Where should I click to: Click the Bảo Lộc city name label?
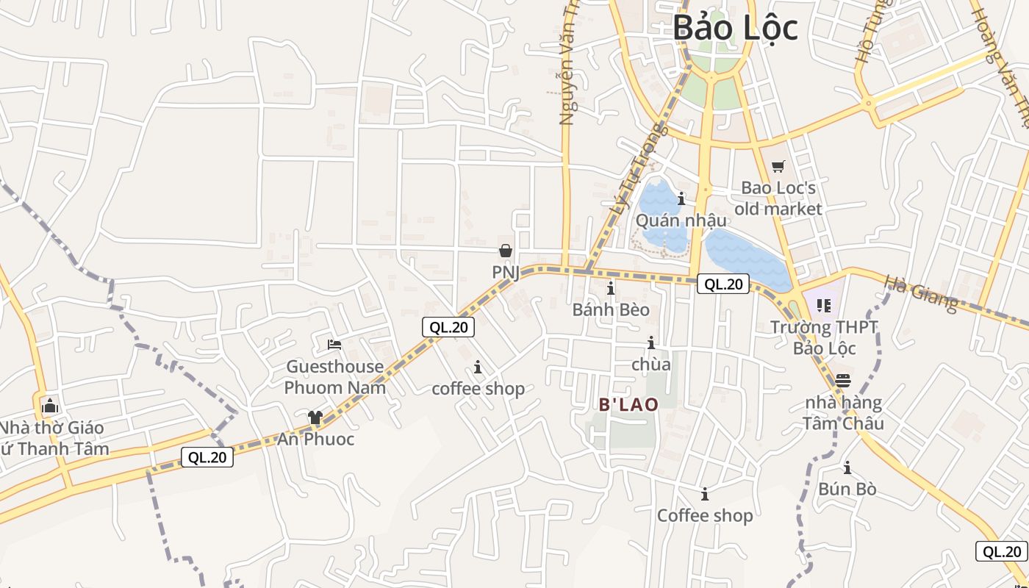pos(735,28)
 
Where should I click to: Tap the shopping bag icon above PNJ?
pos(506,251)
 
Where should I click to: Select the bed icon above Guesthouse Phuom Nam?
pos(334,344)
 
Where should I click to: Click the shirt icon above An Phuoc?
pos(315,417)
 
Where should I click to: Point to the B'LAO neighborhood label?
pos(628,404)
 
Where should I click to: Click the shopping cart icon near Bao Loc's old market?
pos(778,167)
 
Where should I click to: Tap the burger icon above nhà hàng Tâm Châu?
pos(842,381)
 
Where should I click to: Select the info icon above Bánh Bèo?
pos(610,288)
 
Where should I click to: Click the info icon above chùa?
pos(650,343)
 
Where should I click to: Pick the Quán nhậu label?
pos(681,220)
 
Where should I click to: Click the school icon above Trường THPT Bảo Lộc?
pos(823,305)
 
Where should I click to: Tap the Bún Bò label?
pos(847,489)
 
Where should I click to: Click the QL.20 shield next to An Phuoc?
pos(207,457)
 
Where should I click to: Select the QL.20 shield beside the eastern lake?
pos(723,284)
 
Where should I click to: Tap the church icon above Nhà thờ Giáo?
pos(50,406)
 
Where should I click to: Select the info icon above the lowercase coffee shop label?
pos(478,367)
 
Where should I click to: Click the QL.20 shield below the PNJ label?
pos(448,327)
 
